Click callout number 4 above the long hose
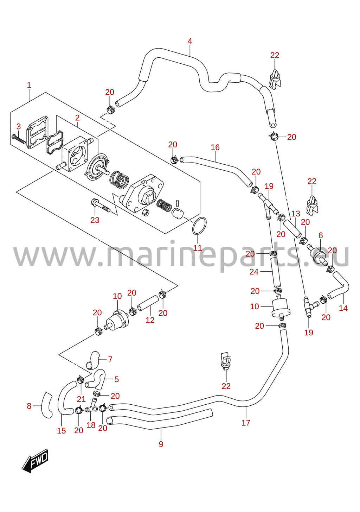click(x=190, y=41)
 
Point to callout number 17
click(x=246, y=423)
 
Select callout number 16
click(x=215, y=147)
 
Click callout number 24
click(x=254, y=272)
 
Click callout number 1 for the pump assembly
click(x=29, y=85)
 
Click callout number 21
click(x=81, y=399)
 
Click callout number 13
click(x=296, y=214)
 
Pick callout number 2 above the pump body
click(x=77, y=118)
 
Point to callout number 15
click(x=62, y=431)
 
